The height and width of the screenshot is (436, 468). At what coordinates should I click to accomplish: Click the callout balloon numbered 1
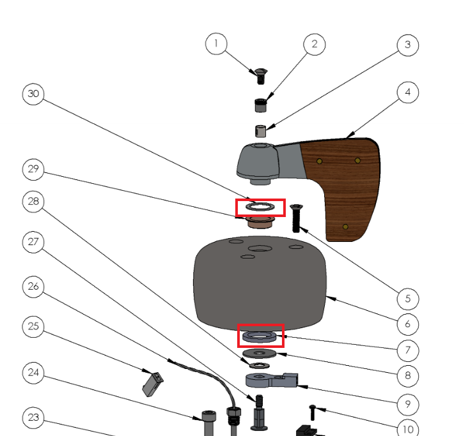pyautogui.click(x=217, y=43)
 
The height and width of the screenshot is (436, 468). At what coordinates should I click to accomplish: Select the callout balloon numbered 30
pyautogui.click(x=34, y=94)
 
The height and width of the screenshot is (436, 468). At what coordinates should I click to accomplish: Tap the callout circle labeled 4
pyautogui.click(x=407, y=93)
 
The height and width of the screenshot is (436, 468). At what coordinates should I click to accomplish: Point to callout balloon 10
pyautogui.click(x=407, y=428)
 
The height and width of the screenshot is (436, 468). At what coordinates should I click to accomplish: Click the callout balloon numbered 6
pyautogui.click(x=407, y=324)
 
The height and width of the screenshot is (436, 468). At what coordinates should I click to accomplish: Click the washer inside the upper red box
pyautogui.click(x=260, y=207)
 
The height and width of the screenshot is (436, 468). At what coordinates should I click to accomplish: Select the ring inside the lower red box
pyautogui.click(x=261, y=335)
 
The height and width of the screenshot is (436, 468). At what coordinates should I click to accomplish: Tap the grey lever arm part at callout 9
pyautogui.click(x=271, y=380)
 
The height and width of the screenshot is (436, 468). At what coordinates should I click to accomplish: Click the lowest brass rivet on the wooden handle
pyautogui.click(x=345, y=227)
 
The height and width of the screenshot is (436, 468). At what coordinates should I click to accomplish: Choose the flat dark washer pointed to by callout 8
pyautogui.click(x=260, y=353)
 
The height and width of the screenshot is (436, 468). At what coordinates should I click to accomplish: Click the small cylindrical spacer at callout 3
pyautogui.click(x=261, y=131)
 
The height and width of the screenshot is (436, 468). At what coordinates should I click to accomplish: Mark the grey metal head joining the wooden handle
pyautogui.click(x=265, y=160)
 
